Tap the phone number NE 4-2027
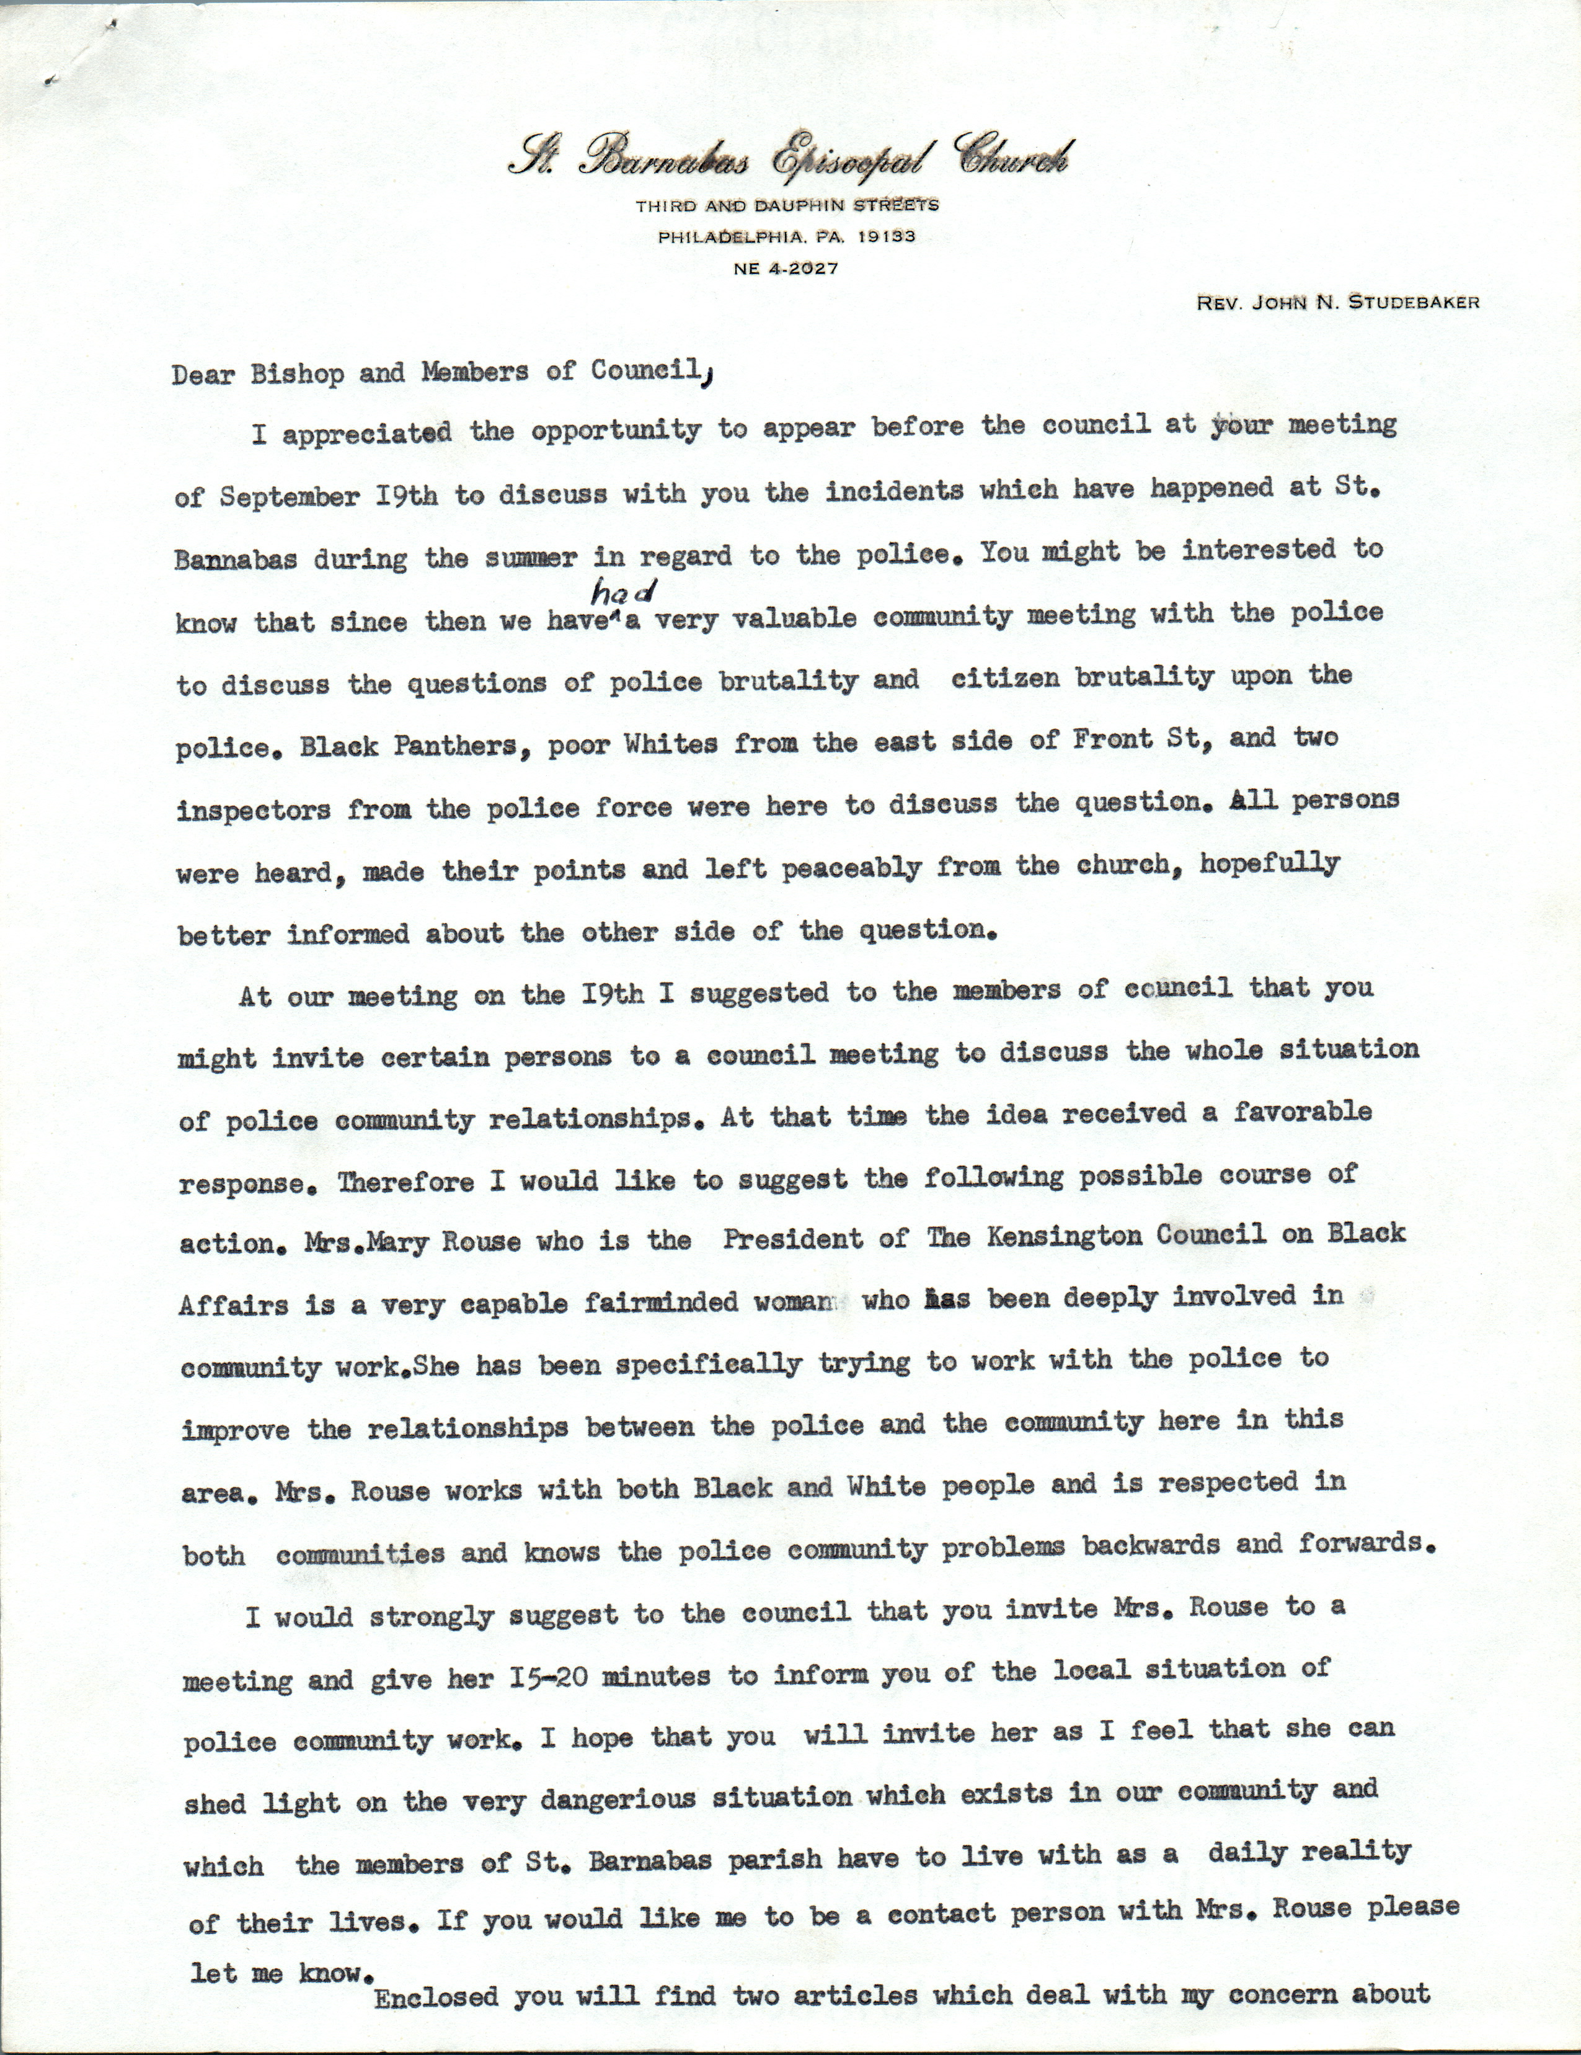click(786, 268)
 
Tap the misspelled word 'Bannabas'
click(236, 561)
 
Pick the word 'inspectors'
click(253, 810)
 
